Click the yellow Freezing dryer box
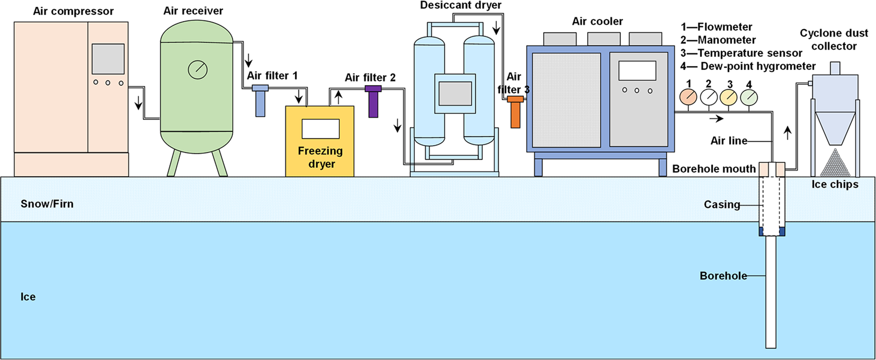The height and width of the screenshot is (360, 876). click(x=320, y=141)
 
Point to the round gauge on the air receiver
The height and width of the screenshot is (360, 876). click(x=197, y=69)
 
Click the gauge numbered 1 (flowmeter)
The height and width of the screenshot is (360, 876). click(x=688, y=97)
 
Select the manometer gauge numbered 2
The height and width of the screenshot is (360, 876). click(x=709, y=97)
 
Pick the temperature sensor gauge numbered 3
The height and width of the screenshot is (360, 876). click(x=729, y=97)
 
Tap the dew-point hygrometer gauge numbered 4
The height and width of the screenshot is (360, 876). click(x=749, y=97)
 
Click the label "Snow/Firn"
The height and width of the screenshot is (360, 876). click(x=47, y=204)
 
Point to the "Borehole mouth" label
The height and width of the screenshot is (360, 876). click(x=714, y=169)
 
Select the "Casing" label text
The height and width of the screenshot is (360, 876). click(x=722, y=204)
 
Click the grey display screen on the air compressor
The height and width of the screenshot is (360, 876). click(x=108, y=59)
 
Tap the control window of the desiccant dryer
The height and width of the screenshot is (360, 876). click(x=455, y=93)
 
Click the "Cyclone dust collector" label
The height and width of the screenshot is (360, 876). click(x=834, y=40)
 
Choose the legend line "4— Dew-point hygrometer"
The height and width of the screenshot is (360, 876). click(x=748, y=66)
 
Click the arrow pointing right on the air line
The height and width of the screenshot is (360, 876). click(x=717, y=119)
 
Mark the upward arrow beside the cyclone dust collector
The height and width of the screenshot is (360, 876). click(x=787, y=133)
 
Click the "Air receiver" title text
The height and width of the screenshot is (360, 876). click(x=193, y=11)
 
